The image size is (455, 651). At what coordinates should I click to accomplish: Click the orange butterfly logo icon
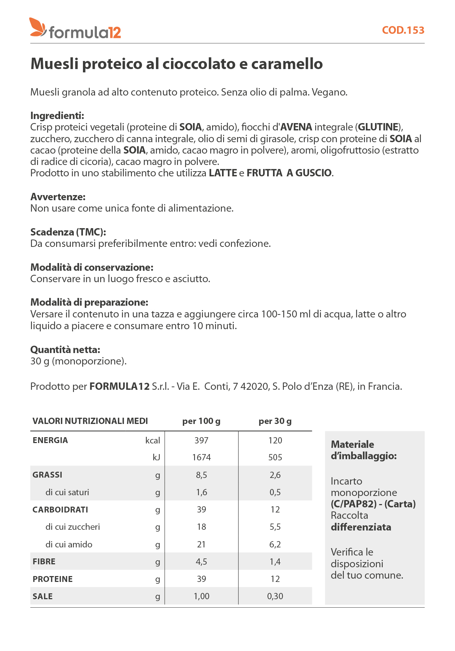coord(37,27)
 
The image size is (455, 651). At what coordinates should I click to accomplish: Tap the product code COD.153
coord(403,30)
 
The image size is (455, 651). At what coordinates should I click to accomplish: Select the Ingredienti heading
coord(57,115)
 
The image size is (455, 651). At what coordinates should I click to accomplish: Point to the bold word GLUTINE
coord(378,127)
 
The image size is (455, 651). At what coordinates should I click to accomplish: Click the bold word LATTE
coord(223,173)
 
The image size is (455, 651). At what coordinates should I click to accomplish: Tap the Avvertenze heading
coord(58,197)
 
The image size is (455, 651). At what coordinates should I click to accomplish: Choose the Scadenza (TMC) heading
coord(68,232)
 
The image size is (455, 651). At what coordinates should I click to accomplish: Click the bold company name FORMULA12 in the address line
coord(119,386)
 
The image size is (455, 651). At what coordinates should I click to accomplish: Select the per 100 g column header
coord(201,421)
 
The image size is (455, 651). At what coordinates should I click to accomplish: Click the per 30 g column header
coord(275,421)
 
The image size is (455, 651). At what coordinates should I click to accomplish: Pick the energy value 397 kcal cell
coord(201,440)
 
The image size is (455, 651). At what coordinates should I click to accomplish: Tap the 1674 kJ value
coord(201,457)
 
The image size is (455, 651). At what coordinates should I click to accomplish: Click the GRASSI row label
coord(47,475)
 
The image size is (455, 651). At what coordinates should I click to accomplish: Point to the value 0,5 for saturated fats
coord(275,492)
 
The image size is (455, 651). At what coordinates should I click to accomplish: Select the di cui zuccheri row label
coord(73,527)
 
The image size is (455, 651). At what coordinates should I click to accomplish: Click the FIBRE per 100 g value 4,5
coord(201,562)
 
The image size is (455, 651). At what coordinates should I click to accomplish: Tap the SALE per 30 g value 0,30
coord(275,596)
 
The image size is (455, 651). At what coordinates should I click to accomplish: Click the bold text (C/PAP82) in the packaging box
coord(354,504)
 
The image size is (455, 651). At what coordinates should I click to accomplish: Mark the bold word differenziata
coord(361,527)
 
